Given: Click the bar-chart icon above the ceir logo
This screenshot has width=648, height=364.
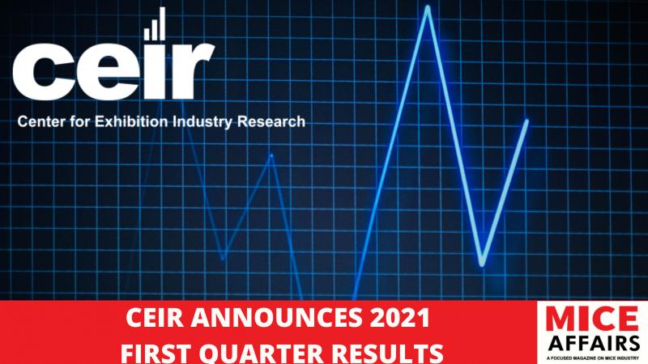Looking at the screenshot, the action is [155, 24].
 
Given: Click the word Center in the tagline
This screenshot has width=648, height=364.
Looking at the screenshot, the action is [41, 122].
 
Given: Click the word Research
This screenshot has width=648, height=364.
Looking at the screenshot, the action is [271, 122].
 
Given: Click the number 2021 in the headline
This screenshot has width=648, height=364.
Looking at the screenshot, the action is [399, 318].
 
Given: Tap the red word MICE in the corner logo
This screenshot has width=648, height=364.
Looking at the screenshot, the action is [592, 319].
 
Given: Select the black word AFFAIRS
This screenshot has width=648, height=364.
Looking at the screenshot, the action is [594, 343].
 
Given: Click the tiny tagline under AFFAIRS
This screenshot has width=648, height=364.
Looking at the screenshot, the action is [593, 358].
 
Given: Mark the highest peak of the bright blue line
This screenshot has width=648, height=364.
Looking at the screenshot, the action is [428, 7].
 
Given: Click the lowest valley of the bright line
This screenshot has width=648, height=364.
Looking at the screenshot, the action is [482, 264].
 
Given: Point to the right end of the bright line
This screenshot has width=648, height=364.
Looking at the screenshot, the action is [527, 121].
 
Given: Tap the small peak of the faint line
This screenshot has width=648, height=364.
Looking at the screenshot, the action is [271, 155].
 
